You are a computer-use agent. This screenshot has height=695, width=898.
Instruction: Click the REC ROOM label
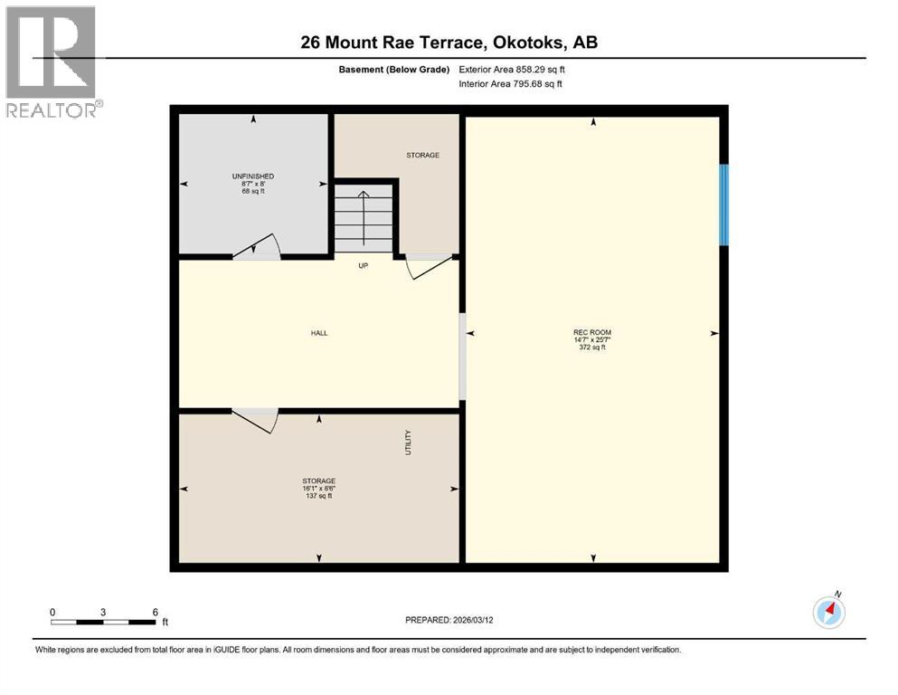(591, 332)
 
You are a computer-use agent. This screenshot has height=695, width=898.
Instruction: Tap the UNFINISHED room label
(252, 176)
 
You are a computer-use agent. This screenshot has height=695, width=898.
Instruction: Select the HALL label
(319, 333)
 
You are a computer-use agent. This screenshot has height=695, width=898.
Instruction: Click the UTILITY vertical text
(408, 442)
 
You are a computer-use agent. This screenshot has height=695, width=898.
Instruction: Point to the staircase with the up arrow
(364, 218)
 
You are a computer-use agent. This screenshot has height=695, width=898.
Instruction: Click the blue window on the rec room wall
(723, 205)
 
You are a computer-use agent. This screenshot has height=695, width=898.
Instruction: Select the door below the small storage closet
(427, 266)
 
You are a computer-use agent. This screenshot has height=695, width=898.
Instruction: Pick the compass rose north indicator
(828, 612)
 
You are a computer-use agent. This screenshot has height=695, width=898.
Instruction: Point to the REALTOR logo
(52, 62)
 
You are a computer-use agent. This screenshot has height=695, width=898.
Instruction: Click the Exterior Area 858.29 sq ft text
(512, 69)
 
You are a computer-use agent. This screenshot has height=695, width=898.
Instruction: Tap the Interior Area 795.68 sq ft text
(511, 84)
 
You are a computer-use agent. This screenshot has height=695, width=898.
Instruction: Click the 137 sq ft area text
(318, 496)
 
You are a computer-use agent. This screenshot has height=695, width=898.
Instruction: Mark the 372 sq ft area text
(591, 347)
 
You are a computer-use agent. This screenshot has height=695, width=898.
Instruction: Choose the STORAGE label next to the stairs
(422, 155)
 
